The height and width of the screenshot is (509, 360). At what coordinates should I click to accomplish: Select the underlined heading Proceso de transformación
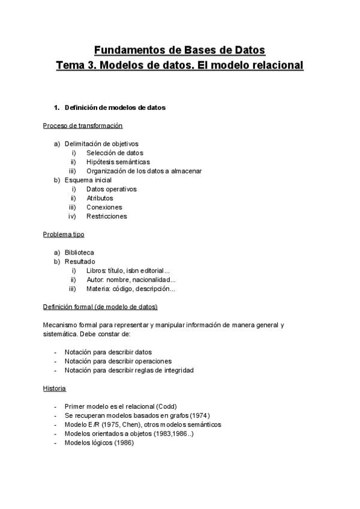83,125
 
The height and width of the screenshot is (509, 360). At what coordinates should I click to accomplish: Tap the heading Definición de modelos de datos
115,107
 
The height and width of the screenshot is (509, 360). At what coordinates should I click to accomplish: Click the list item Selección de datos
115,152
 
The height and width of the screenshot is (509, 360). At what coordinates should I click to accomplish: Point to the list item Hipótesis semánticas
118,161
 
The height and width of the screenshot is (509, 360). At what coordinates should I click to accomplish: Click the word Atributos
100,198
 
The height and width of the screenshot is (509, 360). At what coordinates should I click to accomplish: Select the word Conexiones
104,207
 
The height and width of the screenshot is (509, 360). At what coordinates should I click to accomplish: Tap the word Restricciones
106,216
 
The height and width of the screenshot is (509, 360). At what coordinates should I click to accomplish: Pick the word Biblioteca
79,252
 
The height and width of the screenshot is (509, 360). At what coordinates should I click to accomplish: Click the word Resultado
80,261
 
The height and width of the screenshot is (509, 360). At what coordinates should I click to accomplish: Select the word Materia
98,289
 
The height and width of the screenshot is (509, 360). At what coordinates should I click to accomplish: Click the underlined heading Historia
55,388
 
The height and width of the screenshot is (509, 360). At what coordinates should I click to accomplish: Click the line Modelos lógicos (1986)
99,443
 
